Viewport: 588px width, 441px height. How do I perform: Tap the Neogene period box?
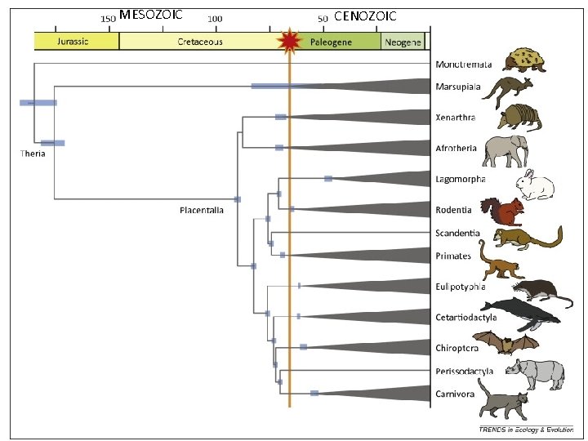pos(403,42)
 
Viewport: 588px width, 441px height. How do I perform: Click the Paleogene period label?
pos(331,42)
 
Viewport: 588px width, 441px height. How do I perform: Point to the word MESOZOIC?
pos(150,15)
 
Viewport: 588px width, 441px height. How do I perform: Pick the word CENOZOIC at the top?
pos(365,16)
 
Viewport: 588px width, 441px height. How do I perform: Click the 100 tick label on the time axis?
pos(215,18)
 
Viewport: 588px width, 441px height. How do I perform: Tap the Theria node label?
pos(33,153)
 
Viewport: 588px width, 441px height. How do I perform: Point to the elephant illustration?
pos(506,150)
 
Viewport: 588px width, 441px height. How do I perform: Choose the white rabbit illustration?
pos(533,185)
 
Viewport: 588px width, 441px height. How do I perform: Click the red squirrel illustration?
pos(502,212)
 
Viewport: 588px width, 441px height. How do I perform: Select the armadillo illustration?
pos(519,117)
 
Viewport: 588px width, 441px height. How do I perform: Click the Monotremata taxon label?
pos(462,65)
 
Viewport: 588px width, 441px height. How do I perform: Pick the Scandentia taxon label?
pos(457,234)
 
